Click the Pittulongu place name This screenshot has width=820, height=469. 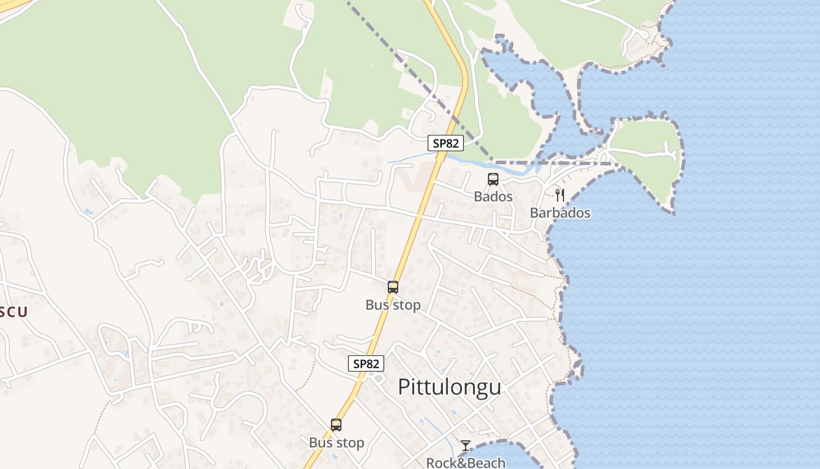(x=449, y=388)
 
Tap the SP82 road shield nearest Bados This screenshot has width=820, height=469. (x=445, y=143)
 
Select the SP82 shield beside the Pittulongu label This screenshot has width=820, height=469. (x=367, y=363)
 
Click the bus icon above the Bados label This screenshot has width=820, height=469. (x=493, y=179)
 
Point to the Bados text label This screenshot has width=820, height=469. (x=493, y=196)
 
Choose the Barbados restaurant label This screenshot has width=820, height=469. (x=560, y=213)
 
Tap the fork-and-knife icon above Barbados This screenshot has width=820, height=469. (x=560, y=195)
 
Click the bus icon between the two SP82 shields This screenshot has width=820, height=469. (x=393, y=287)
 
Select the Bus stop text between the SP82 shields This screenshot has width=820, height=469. (x=393, y=305)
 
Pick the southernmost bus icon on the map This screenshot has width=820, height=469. (x=336, y=425)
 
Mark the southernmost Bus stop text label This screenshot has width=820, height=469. (x=336, y=443)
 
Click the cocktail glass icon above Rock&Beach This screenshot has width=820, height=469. (x=466, y=446)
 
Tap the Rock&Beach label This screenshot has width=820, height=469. (x=466, y=463)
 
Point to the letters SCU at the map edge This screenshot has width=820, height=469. (x=13, y=311)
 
